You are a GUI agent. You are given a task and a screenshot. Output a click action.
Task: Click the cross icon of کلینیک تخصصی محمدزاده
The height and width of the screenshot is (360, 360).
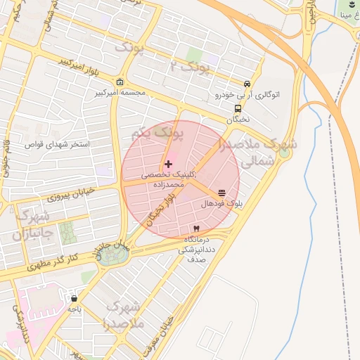(x=176, y=164)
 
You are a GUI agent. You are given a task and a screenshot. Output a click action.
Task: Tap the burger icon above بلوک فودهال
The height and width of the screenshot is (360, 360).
(x=222, y=193)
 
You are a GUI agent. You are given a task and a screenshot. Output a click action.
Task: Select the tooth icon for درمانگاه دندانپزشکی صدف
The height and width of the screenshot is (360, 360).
(x=196, y=229)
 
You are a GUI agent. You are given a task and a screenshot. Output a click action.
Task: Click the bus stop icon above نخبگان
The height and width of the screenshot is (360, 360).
(x=238, y=109)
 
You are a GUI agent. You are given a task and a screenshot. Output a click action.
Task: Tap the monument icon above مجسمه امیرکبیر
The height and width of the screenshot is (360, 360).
(x=120, y=82)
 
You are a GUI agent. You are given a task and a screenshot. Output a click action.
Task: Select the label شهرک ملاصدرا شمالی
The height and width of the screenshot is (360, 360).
(x=260, y=152)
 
